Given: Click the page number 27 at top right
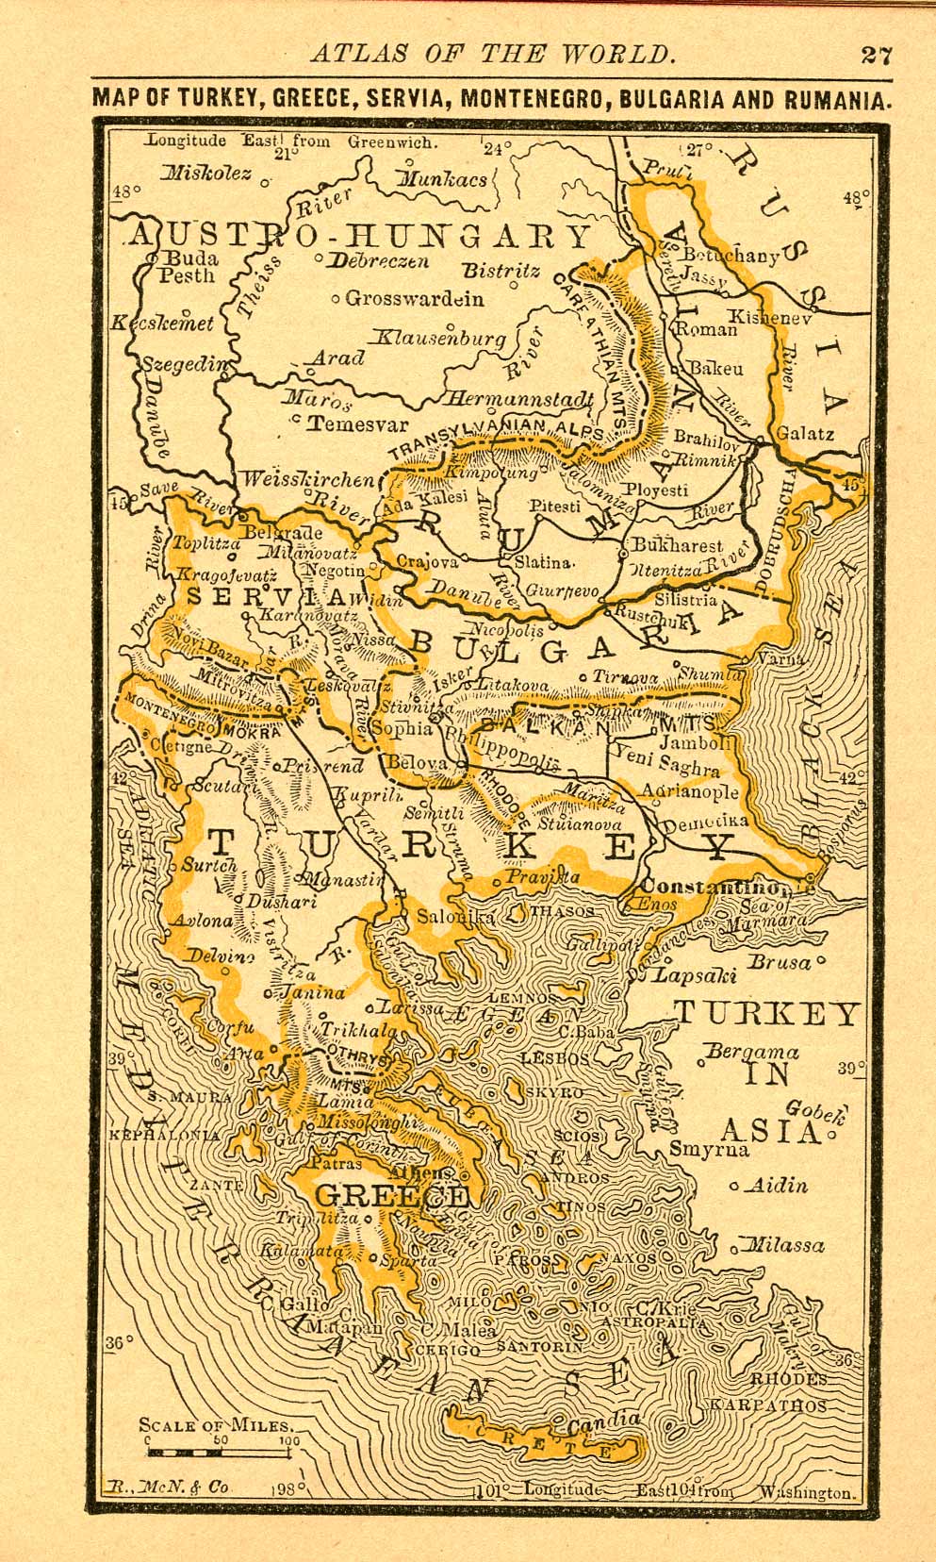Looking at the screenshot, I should pos(876,54).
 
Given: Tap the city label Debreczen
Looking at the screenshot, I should pos(377,261).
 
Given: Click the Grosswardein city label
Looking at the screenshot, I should pos(415,299).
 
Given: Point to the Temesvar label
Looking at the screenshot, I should pos(358,424).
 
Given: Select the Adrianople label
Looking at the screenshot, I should pos(689,791).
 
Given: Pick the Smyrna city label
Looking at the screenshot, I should pos(709,1149).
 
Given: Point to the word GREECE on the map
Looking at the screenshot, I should pos(390,1196).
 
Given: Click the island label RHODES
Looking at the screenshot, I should pos(788,1379).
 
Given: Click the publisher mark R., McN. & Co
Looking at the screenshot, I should pos(168,1487).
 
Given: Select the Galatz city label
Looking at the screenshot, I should pos(804,435).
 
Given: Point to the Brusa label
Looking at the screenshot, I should pos(779,962).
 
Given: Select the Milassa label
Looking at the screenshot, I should pos(784,1245).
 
